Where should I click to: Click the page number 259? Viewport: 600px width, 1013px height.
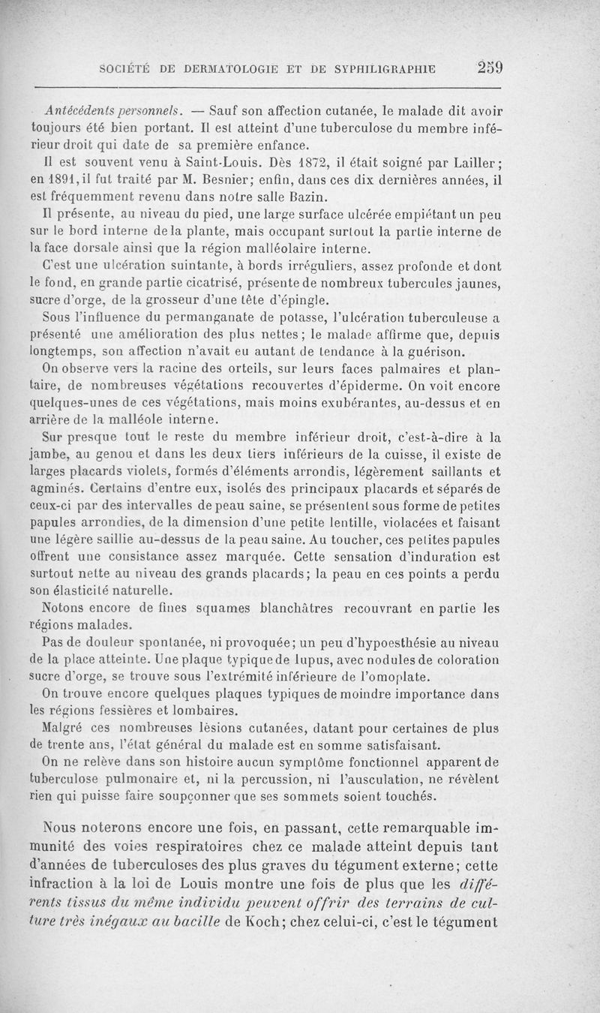click(488, 68)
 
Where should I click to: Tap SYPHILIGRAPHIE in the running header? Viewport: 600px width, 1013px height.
click(373, 70)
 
